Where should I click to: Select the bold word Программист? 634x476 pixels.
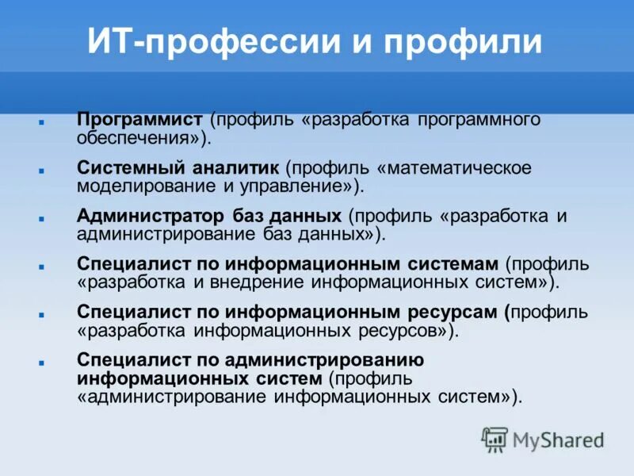pos(140,119)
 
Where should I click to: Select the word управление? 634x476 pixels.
pos(291,186)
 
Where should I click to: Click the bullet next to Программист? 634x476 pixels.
pos(40,123)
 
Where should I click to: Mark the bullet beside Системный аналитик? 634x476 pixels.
pos(40,171)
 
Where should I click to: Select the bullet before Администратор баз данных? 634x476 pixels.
pos(40,219)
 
